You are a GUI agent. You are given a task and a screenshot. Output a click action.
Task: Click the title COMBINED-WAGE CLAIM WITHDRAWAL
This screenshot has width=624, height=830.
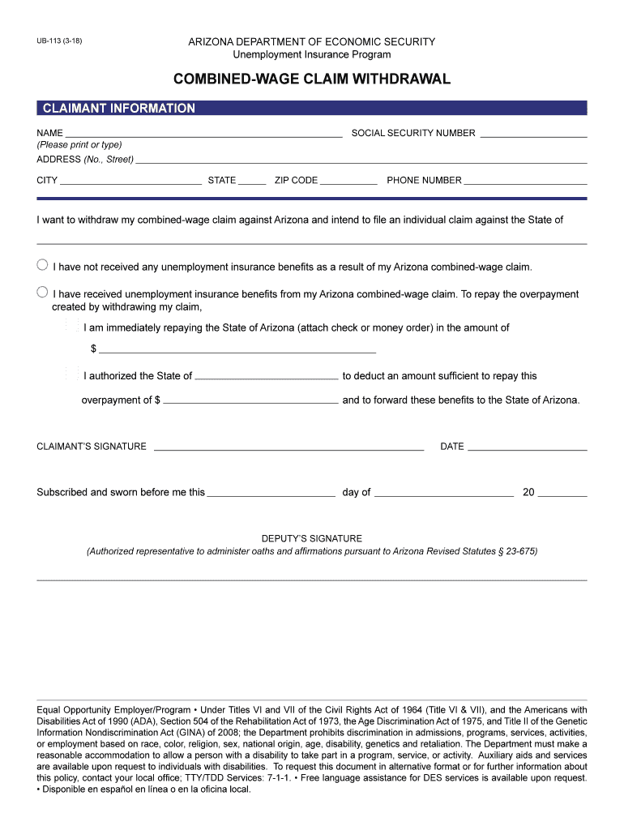coord(311,79)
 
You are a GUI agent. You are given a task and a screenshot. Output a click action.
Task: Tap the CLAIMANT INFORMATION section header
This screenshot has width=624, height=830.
coord(119,109)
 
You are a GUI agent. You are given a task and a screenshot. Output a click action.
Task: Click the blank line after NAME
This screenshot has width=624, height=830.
coord(203,134)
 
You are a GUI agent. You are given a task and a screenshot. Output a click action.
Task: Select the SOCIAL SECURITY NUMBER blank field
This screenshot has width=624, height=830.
coord(533,134)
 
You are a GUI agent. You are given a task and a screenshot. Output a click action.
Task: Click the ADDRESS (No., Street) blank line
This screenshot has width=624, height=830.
coord(361,160)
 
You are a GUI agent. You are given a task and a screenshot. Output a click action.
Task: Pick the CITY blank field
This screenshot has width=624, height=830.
coord(130,181)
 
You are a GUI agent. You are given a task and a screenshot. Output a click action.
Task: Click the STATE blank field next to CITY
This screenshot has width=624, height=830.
coord(252,181)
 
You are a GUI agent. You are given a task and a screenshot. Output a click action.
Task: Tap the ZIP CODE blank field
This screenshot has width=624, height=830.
coord(348,181)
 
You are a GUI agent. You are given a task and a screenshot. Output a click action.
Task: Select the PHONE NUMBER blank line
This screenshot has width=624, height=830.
coord(525,181)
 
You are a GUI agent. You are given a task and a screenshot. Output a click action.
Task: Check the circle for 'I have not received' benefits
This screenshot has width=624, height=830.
coord(42,265)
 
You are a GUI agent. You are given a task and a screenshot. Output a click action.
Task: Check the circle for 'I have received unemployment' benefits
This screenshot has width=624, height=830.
coord(42,292)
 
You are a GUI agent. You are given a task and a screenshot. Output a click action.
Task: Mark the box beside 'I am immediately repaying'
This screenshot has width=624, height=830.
coord(72,326)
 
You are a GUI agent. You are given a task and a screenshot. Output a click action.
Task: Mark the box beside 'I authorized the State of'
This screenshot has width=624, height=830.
coord(72,374)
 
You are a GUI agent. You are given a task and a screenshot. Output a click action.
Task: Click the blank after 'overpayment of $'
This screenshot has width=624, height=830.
coord(250,400)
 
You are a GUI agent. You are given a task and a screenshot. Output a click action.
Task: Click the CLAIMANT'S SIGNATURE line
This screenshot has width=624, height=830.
coord(288,447)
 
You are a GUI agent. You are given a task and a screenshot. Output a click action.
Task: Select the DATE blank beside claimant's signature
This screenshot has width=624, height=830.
coord(527,447)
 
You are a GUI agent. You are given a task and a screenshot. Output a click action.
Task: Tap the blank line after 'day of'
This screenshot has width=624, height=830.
coord(444,493)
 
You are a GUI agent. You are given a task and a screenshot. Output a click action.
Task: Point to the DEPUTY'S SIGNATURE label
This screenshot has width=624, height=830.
coord(312,538)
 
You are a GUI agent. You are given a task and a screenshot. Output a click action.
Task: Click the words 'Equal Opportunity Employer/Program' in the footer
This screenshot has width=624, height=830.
coord(113,710)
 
